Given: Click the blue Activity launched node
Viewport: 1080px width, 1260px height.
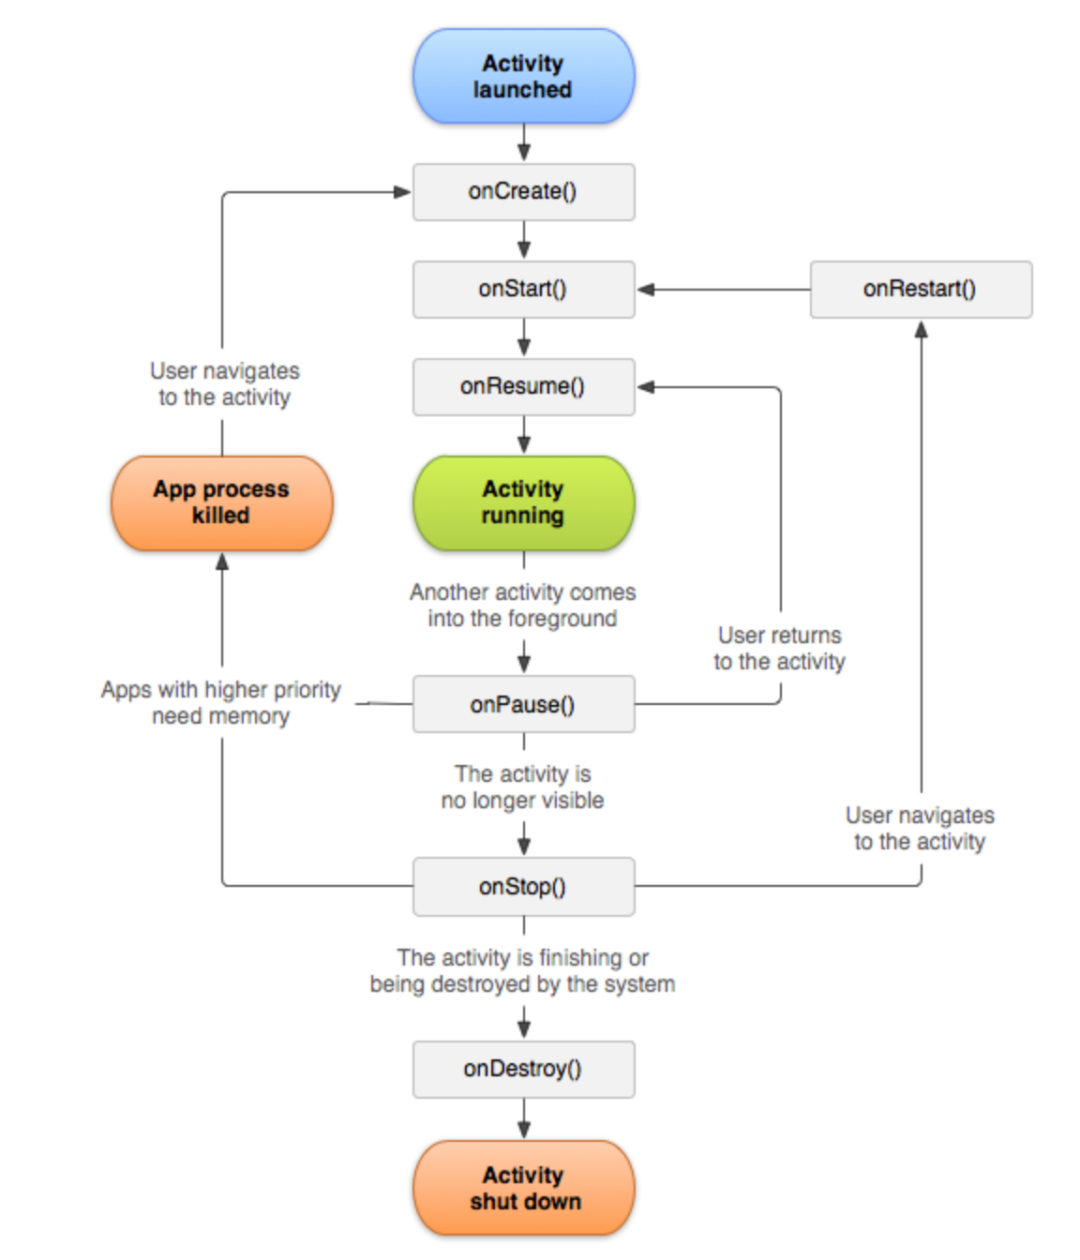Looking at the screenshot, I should click(523, 76).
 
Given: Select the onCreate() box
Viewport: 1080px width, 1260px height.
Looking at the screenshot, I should click(523, 192).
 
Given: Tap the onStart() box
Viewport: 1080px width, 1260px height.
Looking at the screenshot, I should click(523, 289).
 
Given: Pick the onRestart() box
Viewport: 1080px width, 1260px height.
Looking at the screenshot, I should click(920, 289).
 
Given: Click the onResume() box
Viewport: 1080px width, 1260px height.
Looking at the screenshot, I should click(523, 386).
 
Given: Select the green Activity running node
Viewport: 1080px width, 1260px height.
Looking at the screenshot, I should click(523, 502).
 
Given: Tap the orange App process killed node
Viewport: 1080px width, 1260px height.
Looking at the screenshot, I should click(221, 502).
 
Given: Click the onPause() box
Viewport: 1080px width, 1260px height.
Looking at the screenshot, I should click(523, 704).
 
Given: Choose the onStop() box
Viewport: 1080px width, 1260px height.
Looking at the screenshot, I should click(523, 886).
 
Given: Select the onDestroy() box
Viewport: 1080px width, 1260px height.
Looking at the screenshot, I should click(523, 1069).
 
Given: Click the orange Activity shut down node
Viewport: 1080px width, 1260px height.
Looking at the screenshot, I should click(523, 1188).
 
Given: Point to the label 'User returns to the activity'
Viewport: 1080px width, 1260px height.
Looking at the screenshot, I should click(779, 648).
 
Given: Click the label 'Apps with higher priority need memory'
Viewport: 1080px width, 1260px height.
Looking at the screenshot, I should click(221, 702).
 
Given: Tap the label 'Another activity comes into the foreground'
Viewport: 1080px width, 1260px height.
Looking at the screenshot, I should click(523, 605).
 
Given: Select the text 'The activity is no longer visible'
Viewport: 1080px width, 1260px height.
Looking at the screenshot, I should click(523, 787).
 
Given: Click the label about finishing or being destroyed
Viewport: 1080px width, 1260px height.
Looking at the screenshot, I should click(523, 970).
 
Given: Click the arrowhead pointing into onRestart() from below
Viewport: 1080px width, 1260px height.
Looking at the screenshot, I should click(921, 329).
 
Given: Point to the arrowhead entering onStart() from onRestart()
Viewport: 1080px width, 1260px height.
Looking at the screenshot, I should click(646, 290).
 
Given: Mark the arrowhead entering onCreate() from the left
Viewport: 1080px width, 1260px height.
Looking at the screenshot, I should click(402, 192).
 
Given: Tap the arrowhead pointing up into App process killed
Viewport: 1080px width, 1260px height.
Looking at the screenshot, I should click(222, 562).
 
